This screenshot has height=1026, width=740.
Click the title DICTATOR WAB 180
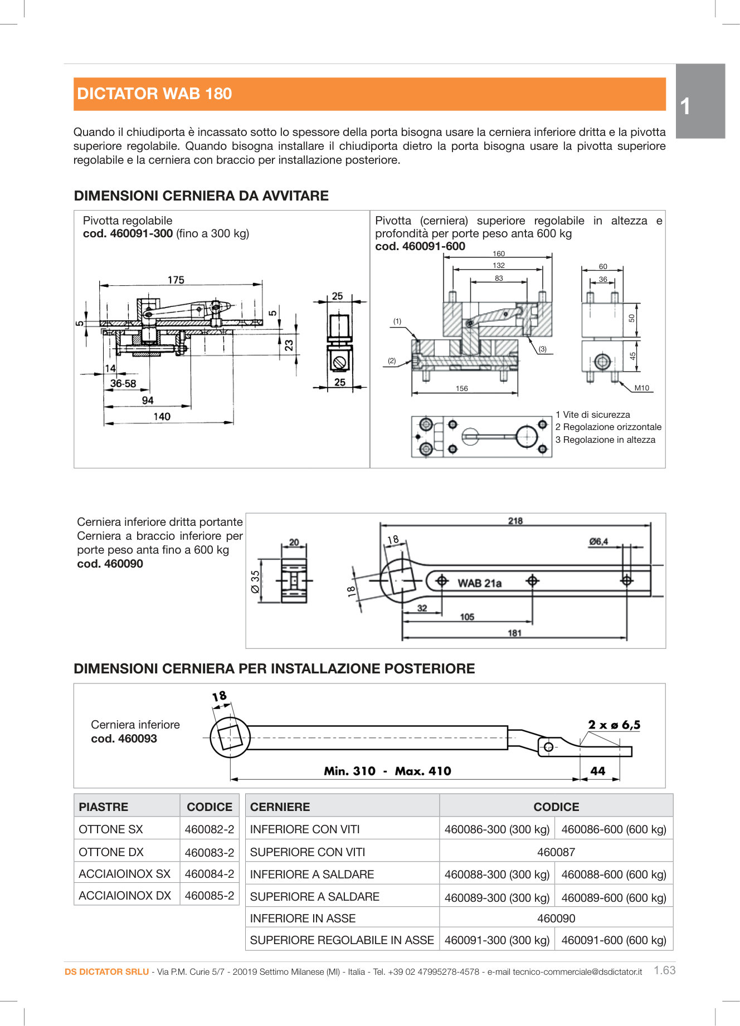154,94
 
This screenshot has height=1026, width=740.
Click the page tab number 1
685,106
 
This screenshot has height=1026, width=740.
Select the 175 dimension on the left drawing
176,280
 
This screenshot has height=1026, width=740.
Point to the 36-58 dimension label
123,383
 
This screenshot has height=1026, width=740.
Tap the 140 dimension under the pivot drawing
162,416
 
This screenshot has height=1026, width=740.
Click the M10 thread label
641,388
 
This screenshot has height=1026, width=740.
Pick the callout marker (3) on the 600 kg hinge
542,349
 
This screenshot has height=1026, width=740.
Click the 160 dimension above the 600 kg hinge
498,253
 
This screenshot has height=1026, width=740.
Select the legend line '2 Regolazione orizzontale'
608,427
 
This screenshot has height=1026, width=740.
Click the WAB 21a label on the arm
479,583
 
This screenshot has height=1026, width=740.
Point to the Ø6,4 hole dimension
598,541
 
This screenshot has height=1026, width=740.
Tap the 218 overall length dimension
515,521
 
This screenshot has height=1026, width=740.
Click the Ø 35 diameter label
255,581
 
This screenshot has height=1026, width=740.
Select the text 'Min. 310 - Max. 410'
387,771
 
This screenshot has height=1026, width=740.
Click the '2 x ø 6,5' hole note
614,725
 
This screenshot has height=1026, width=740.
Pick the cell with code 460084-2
210,873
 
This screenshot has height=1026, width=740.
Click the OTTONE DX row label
111,852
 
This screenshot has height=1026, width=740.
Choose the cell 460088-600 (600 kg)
614,874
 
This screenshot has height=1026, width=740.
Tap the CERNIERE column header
280,807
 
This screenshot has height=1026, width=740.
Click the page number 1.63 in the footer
664,970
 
